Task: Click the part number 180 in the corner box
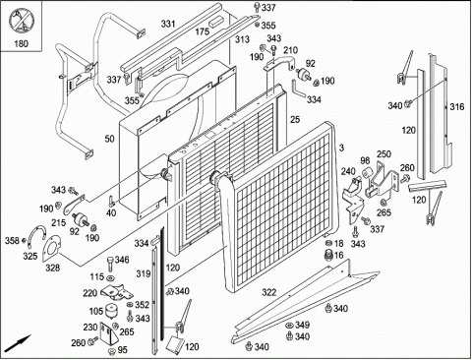pos(21,43)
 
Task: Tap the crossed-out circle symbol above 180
pos(21,22)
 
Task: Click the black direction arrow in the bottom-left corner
pos(19,343)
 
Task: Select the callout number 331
pos(168,24)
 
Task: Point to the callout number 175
pos(203,31)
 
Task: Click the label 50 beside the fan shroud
pos(109,139)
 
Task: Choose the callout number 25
pos(295,120)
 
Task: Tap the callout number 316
pos(457,107)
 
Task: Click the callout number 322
pos(269,292)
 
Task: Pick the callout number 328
pos(52,268)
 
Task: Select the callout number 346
pos(122,261)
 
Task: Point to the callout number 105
pos(96,311)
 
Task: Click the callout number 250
pos(383,153)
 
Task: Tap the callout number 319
pos(144,273)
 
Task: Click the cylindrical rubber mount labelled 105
pos(111,310)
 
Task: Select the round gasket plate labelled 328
pos(51,249)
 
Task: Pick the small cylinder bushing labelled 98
pos(367,173)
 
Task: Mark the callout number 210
pos(290,50)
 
